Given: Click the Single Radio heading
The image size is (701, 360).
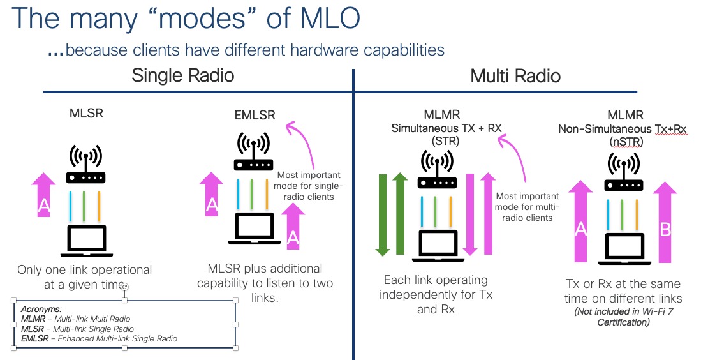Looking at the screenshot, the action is click(183, 75).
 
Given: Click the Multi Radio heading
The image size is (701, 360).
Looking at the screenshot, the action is click(515, 76).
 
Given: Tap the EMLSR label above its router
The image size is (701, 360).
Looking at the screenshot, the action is click(255, 115).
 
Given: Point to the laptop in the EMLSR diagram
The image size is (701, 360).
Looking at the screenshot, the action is click(255, 229).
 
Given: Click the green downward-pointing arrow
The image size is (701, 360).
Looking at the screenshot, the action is click(383, 215).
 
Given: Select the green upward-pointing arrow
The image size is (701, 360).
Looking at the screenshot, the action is click(400, 213).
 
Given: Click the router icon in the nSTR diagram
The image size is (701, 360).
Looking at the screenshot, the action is click(624, 172).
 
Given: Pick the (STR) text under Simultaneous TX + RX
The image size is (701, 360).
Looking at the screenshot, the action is click(445, 141).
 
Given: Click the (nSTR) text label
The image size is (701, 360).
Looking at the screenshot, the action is click(626, 142).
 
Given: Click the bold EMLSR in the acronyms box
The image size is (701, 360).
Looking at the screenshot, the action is click(35, 338).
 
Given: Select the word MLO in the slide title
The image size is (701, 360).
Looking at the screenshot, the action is click(330, 19).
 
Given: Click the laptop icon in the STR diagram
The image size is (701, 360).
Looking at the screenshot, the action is click(434, 246).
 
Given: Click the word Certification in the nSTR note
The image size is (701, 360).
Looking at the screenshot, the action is click(624, 322).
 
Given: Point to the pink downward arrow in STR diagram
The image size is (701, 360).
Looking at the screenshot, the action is click(470, 214).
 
